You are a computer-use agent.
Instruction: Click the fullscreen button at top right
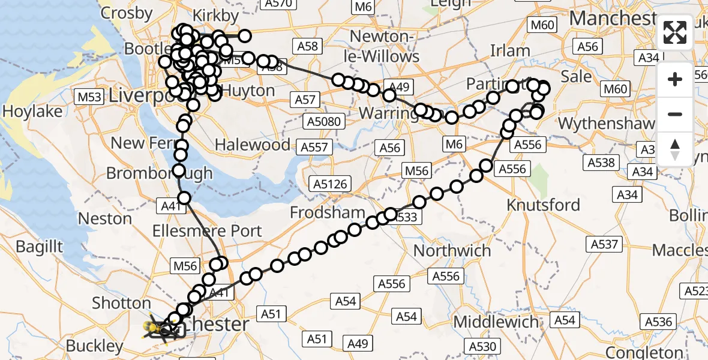point(675,32)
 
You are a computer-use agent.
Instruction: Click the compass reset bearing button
point(675,149)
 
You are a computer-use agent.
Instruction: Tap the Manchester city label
point(612,18)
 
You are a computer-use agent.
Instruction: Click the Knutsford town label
point(543,205)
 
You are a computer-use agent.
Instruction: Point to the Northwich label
point(452,250)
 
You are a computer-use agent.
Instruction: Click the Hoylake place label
point(32,112)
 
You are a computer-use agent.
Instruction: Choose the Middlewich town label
point(496,322)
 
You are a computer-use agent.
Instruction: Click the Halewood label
point(253,145)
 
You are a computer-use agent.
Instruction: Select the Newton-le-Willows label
point(384,47)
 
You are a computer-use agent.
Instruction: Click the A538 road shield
point(601,163)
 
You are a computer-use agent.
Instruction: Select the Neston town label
point(105,218)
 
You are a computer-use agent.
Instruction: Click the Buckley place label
point(95,346)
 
